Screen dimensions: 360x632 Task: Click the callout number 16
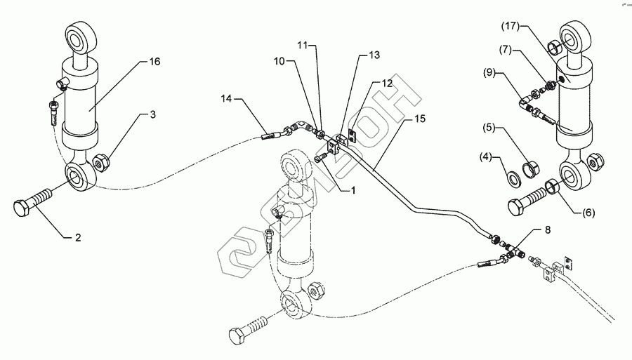[155, 62]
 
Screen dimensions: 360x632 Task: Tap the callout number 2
[79, 238]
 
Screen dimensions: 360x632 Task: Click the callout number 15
[420, 120]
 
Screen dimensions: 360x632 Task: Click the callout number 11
[302, 45]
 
